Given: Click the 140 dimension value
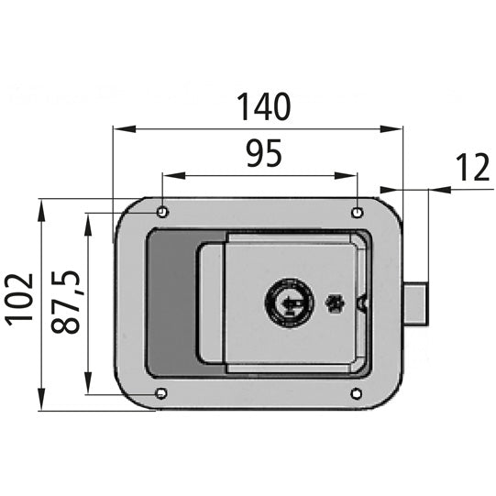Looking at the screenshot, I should point(264,107).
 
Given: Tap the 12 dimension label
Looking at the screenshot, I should point(473,168).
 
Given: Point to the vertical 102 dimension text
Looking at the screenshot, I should point(20,298).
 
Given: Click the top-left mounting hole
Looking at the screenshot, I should point(162,212).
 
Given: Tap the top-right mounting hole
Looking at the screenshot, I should point(357,212).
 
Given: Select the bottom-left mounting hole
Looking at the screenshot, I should point(162,395).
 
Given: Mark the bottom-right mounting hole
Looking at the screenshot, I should point(357,395).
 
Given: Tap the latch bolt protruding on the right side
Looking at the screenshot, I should point(415,303).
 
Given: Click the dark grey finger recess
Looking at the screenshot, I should point(171,303).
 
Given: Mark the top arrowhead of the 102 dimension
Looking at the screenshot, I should point(42,204).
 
